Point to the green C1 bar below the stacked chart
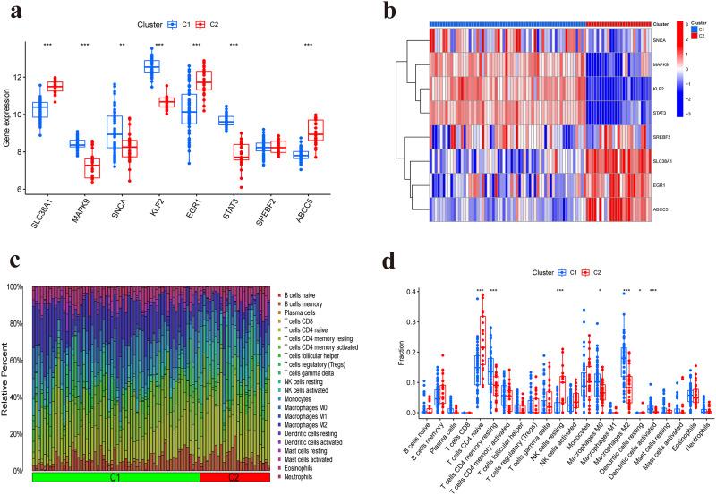[x=115, y=479]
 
